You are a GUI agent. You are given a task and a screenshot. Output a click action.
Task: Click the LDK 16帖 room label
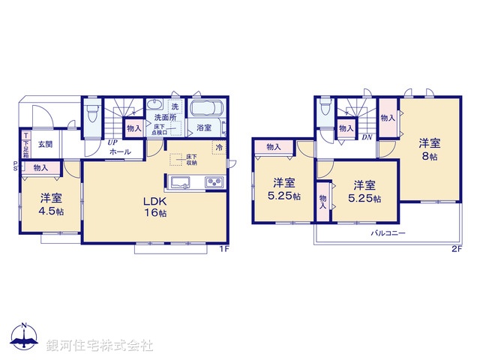point(155,208)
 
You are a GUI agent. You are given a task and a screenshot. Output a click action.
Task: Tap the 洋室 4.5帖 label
point(52,204)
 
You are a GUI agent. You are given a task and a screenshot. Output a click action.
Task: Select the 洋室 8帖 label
point(429,148)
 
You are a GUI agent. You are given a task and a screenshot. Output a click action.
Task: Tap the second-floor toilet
point(324,111)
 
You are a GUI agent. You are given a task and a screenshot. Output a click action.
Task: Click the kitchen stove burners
point(212,182)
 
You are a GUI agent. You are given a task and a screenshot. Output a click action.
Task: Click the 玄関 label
point(45,143)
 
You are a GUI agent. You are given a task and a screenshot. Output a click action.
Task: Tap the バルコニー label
point(387,233)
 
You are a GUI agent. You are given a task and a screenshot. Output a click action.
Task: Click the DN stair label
point(367,137)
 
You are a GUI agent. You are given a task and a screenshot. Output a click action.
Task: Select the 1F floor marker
point(223,249)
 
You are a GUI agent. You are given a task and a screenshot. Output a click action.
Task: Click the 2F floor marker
point(456,249)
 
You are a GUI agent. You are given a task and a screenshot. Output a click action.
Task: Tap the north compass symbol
point(24,337)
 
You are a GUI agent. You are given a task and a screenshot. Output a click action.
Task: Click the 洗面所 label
point(165,118)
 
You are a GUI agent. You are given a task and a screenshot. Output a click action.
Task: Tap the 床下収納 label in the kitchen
point(192,159)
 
